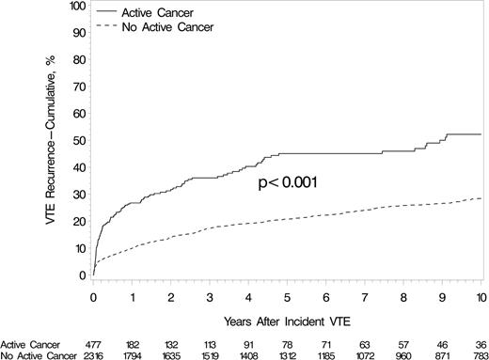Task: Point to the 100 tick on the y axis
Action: click(x=75, y=7)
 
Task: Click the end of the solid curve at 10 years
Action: click(x=481, y=134)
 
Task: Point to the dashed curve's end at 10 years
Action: click(x=481, y=198)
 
